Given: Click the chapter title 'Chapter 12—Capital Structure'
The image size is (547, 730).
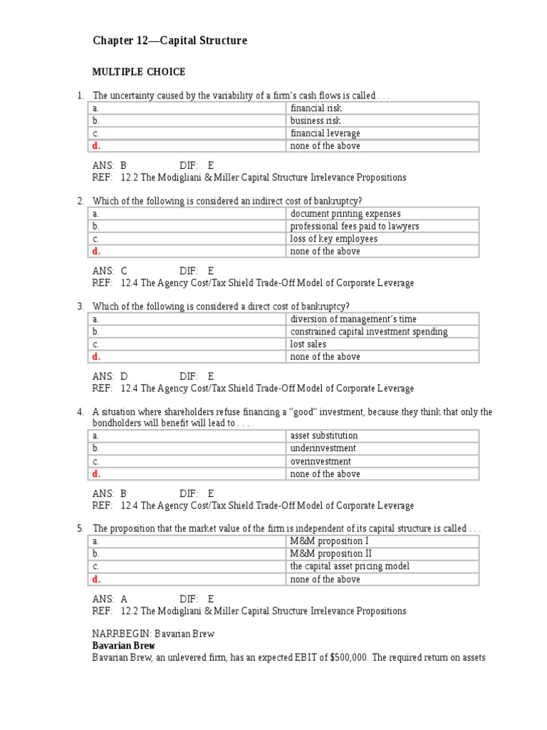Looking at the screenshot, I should (x=170, y=41).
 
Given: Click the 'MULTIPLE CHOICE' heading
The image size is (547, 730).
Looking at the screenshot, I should (x=138, y=72).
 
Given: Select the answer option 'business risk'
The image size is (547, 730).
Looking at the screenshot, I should (x=316, y=120).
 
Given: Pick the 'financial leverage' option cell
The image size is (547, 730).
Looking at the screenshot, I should (x=325, y=133).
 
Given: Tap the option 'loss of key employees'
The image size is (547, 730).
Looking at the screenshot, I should (x=333, y=239).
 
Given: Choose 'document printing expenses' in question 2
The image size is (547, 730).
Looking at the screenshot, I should (x=345, y=214).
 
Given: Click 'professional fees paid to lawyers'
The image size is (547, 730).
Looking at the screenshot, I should (x=355, y=226).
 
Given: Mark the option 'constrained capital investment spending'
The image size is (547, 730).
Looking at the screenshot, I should (x=369, y=331).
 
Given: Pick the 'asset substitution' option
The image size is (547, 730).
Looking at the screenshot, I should (x=324, y=436).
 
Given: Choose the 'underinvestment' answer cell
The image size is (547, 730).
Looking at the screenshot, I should (x=323, y=448).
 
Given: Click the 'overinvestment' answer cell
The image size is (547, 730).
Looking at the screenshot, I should (x=321, y=461).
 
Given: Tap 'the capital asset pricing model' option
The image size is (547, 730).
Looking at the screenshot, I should (x=350, y=567).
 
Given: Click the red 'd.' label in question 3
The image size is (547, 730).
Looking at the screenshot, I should (x=97, y=356).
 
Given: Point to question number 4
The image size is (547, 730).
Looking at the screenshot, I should (x=80, y=412).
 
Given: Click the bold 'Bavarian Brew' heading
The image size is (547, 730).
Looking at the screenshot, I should (x=124, y=645).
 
